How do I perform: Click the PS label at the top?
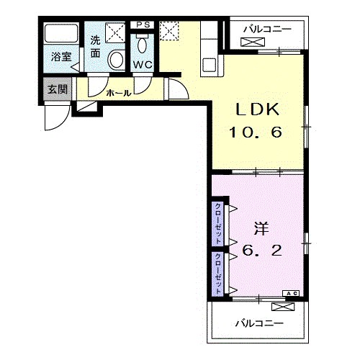coord(143,24)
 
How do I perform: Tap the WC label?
coord(143,65)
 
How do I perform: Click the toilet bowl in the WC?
coord(143,45)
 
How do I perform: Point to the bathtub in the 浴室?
coord(61,33)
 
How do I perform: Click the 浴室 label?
coord(62,57)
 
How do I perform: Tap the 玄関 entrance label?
coord(58,89)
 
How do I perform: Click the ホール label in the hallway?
coord(119,93)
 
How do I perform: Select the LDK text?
coord(257,109)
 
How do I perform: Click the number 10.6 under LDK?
coord(256,132)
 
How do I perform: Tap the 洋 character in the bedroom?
coord(261,228)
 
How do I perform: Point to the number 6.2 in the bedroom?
coord(262,251)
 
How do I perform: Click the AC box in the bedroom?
coord(291,293)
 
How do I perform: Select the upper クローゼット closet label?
coord(218,224)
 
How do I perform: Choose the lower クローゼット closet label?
coord(218,274)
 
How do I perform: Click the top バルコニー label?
coord(267,30)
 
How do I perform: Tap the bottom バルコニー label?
coord(259,323)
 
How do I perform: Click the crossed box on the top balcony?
coord(253,42)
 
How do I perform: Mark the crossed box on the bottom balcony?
coord(283,307)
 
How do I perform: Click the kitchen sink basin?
coord(210,65)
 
